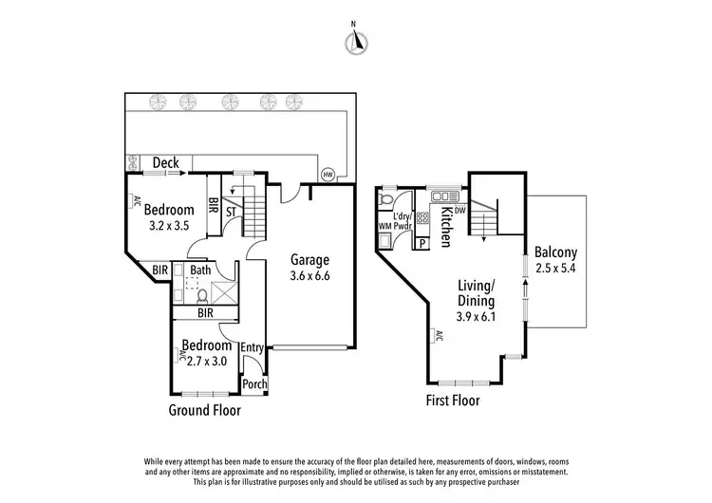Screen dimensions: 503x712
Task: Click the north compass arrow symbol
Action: pyautogui.click(x=358, y=41)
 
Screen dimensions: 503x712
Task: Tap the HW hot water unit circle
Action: pyautogui.click(x=328, y=175)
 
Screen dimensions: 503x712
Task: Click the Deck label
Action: pyautogui.click(x=166, y=163)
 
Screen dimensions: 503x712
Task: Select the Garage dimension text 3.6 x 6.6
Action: pyautogui.click(x=309, y=276)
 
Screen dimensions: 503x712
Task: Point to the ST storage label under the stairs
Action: pyautogui.click(x=231, y=211)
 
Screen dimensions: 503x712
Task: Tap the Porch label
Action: pyautogui.click(x=253, y=384)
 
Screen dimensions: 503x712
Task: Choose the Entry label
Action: pyautogui.click(x=253, y=348)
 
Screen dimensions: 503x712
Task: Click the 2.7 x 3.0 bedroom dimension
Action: pyautogui.click(x=208, y=361)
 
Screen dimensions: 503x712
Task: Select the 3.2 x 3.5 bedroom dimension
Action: pyautogui.click(x=169, y=226)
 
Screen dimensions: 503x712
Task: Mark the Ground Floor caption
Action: pyautogui.click(x=204, y=411)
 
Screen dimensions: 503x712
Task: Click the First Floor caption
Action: pyautogui.click(x=453, y=401)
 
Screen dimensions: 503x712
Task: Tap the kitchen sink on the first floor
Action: pyautogui.click(x=442, y=196)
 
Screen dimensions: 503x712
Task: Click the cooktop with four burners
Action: pyautogui.click(x=422, y=218)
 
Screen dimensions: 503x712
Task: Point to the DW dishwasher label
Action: pyautogui.click(x=459, y=210)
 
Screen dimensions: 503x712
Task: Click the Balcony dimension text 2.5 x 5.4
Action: pyautogui.click(x=555, y=270)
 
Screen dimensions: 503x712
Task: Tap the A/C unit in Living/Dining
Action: pyautogui.click(x=439, y=335)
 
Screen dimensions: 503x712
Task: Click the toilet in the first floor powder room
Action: pyautogui.click(x=386, y=201)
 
